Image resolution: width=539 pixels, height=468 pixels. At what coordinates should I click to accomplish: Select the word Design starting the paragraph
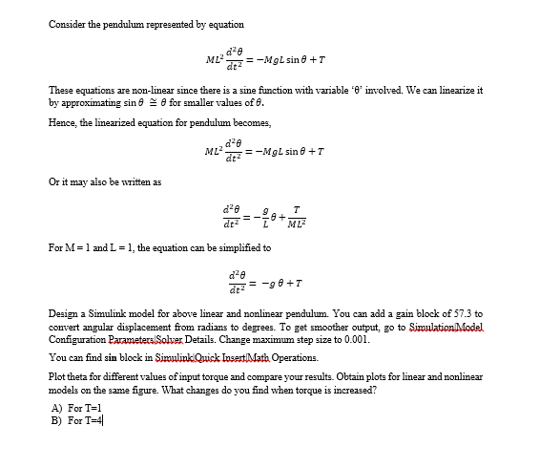65,313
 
